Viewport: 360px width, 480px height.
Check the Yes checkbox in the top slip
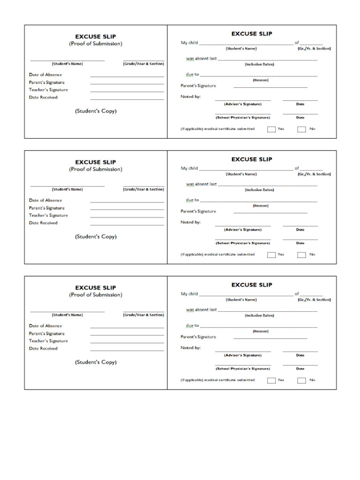pyautogui.click(x=271, y=129)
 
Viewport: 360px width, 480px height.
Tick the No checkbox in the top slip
pyautogui.click(x=301, y=129)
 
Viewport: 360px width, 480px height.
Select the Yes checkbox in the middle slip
pyautogui.click(x=271, y=255)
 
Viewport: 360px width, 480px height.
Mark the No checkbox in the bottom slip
pyautogui.click(x=301, y=381)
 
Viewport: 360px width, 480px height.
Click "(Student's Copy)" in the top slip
pyautogui.click(x=96, y=111)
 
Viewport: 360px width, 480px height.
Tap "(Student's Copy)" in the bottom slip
pyautogui.click(x=96, y=362)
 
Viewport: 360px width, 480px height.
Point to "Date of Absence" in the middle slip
pyautogui.click(x=45, y=200)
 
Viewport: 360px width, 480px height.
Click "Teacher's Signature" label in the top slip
pyautogui.click(x=48, y=90)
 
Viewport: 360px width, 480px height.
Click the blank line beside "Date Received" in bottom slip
pyautogui.click(x=127, y=350)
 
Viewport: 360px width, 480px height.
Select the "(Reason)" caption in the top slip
pyautogui.click(x=261, y=80)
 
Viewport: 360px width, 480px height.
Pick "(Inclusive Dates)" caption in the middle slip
pyautogui.click(x=259, y=190)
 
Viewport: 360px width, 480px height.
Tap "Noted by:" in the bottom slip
pyautogui.click(x=191, y=348)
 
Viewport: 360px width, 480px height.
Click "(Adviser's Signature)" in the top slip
pyautogui.click(x=243, y=104)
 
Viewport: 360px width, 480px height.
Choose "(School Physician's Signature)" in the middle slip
pyautogui.click(x=243, y=243)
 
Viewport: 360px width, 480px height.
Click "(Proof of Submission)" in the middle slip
pyautogui.click(x=96, y=169)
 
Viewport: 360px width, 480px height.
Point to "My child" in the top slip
pyautogui.click(x=189, y=43)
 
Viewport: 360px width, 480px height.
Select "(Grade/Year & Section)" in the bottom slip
pyautogui.click(x=143, y=315)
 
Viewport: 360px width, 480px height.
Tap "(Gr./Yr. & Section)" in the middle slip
pyautogui.click(x=314, y=174)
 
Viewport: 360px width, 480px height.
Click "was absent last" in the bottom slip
pyautogui.click(x=202, y=310)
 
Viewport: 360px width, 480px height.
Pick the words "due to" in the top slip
pyautogui.click(x=192, y=74)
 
